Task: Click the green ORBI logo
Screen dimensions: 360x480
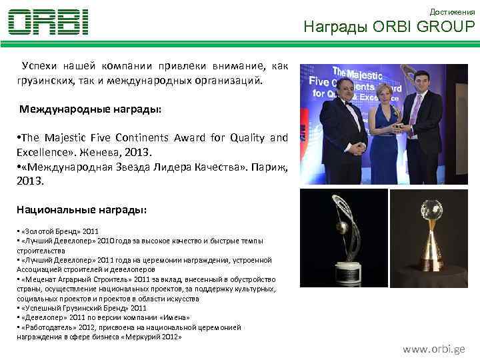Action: click(x=48, y=22)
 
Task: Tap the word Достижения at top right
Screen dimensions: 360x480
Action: click(x=452, y=12)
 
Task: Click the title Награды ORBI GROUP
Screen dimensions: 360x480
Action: click(x=389, y=27)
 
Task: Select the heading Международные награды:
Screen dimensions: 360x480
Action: click(x=90, y=108)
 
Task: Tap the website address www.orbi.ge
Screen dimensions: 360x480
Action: click(x=433, y=349)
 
